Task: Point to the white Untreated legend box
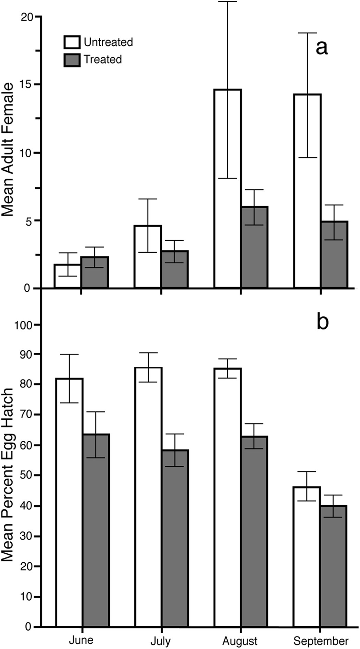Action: click(x=72, y=42)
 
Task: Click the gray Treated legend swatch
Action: click(x=72, y=60)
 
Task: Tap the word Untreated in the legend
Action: click(x=108, y=42)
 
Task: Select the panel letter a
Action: click(x=322, y=48)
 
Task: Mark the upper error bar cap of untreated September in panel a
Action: click(x=307, y=33)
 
